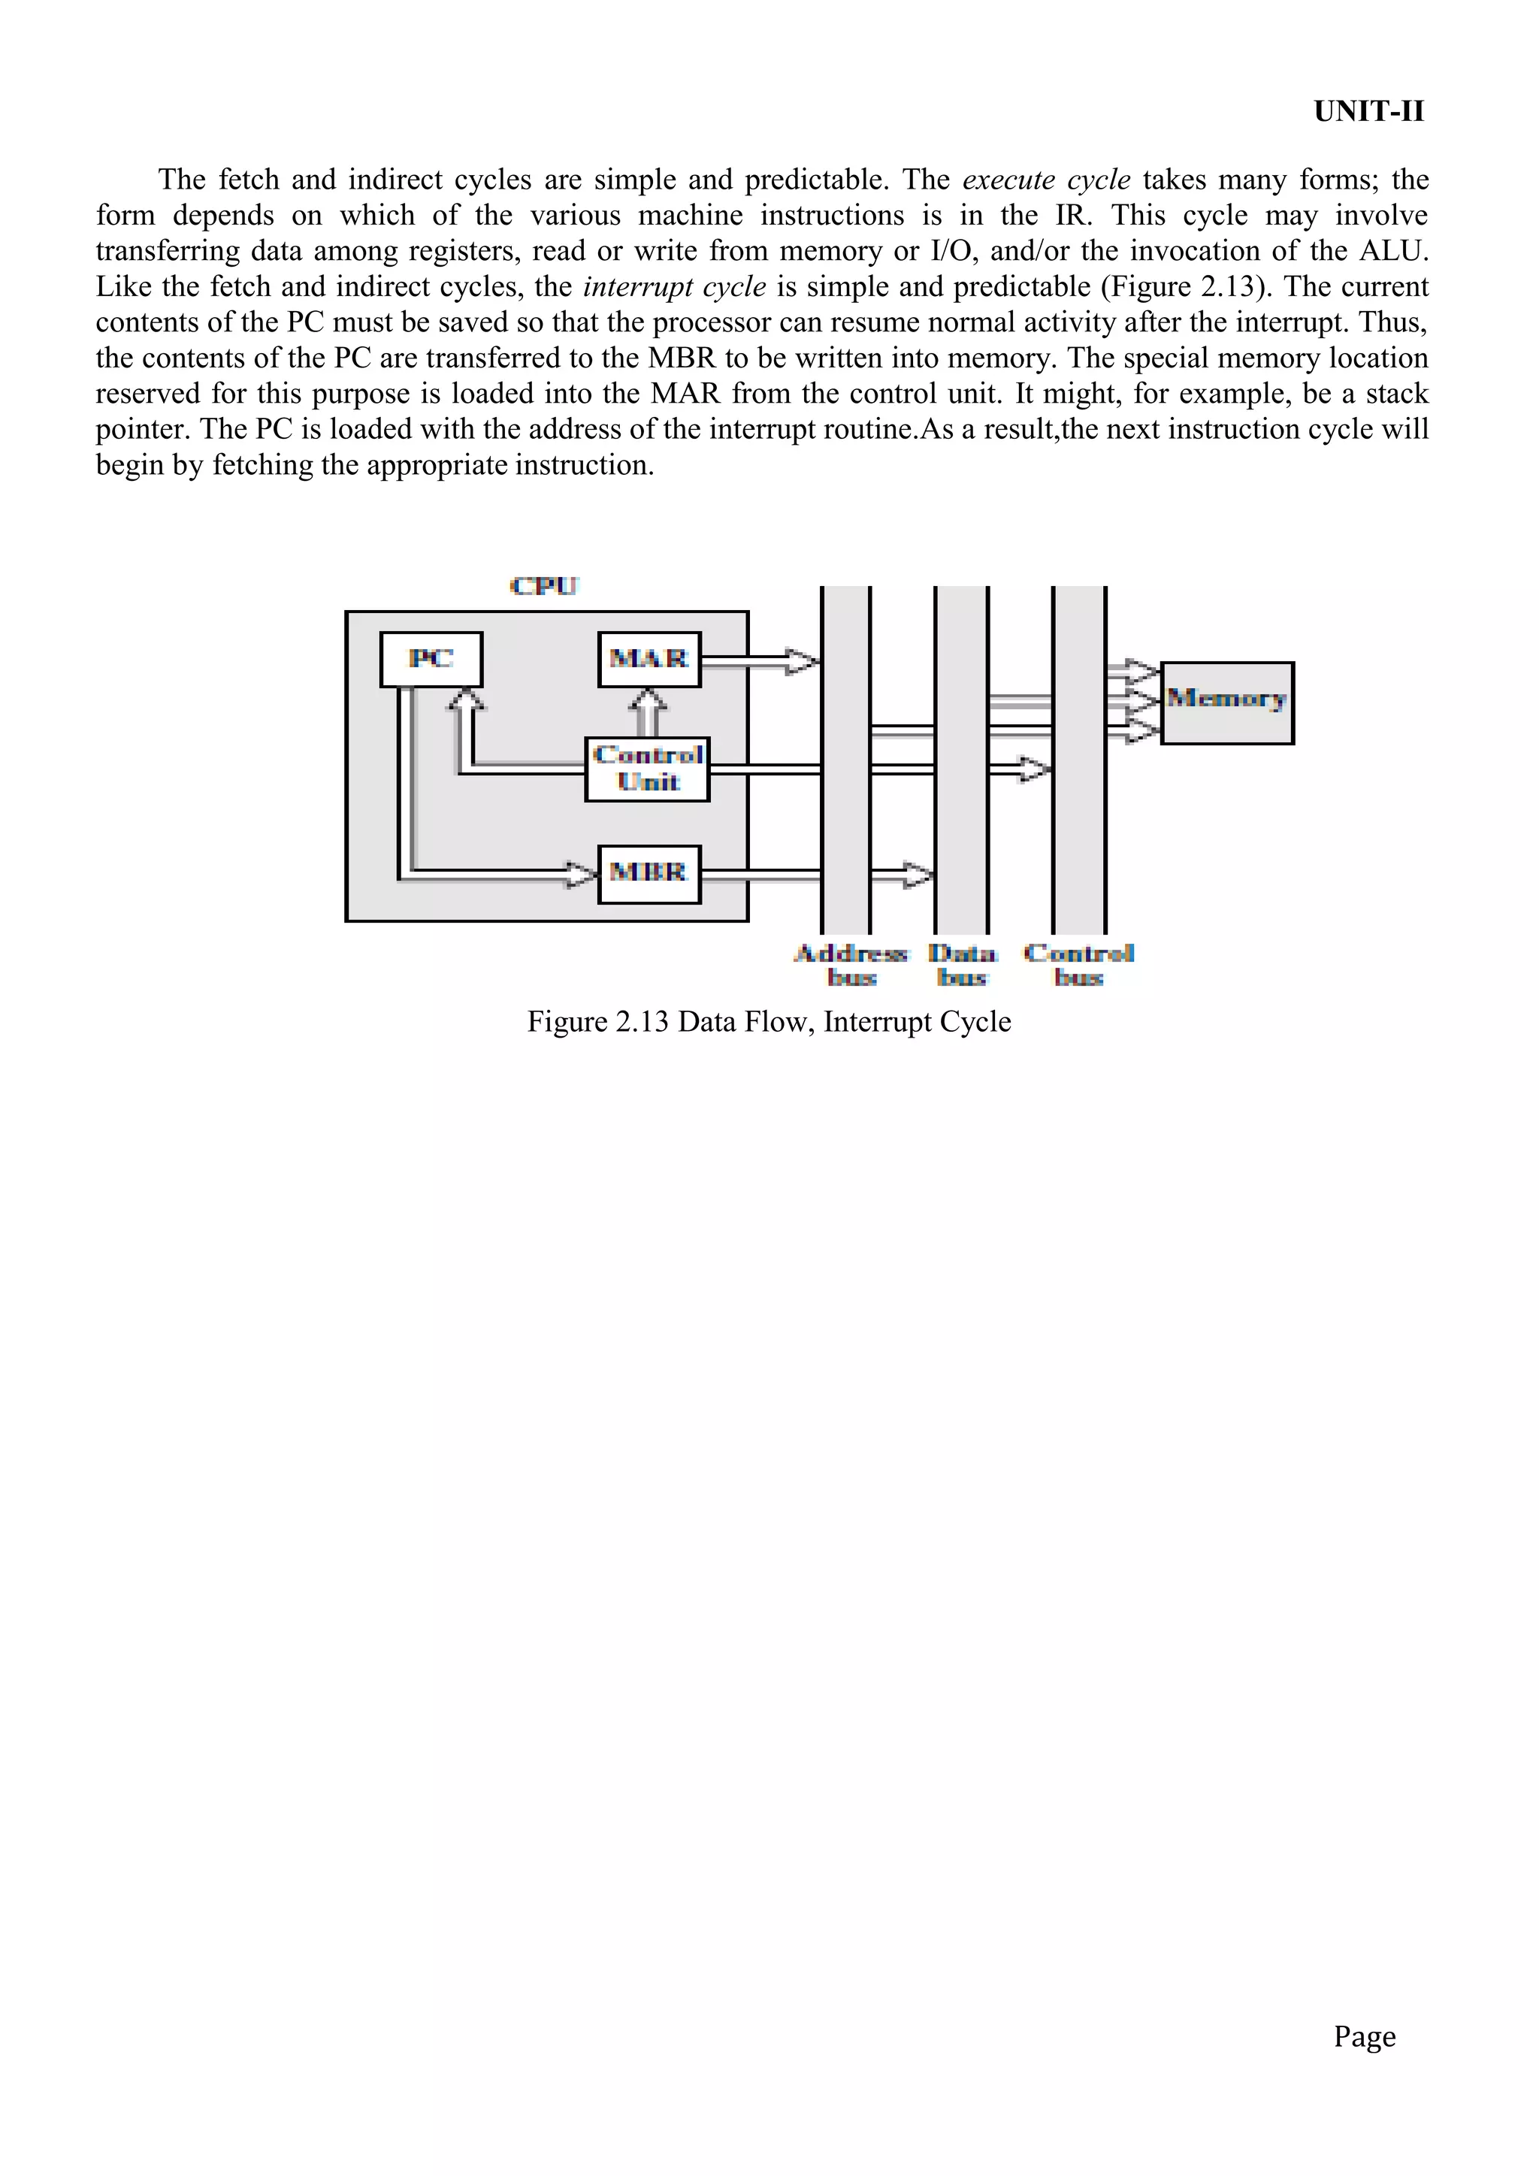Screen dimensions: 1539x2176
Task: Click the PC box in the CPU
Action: (431, 659)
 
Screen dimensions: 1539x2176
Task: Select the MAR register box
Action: (649, 659)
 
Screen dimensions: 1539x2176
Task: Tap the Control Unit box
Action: (647, 769)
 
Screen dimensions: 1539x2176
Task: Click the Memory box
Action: (1227, 703)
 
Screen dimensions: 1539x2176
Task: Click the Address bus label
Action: (851, 965)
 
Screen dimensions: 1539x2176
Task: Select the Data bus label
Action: (963, 965)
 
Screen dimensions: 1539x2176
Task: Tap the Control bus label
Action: (1079, 965)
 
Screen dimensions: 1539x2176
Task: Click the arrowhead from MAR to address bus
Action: (803, 660)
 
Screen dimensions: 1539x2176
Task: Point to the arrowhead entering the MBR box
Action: (581, 874)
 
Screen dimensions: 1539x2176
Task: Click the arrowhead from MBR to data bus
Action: (918, 874)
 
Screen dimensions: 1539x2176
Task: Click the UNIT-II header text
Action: (1368, 112)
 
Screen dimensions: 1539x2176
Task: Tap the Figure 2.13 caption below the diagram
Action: (769, 1022)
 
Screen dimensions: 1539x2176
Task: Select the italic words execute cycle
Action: (1046, 180)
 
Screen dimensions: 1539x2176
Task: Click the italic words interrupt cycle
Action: (674, 287)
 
